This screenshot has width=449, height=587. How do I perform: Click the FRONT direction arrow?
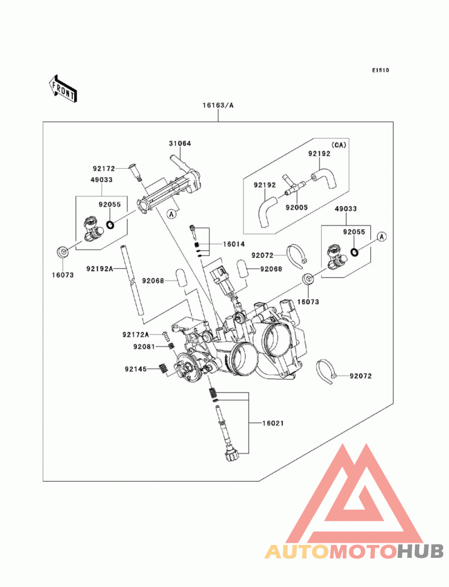(63, 89)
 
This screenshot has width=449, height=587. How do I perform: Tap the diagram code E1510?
(381, 70)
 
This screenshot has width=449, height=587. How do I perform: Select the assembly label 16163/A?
(218, 105)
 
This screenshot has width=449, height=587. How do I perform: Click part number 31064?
(180, 144)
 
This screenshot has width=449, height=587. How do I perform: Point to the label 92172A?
(136, 334)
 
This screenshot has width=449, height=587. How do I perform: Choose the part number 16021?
(273, 423)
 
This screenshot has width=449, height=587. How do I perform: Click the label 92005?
(296, 207)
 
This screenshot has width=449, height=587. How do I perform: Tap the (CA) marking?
(338, 145)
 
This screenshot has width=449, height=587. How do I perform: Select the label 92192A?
(100, 269)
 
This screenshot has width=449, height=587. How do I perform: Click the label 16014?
(234, 244)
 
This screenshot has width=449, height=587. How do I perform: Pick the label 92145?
(136, 369)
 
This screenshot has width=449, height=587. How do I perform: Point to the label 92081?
(144, 347)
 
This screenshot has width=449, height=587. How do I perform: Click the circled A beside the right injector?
(382, 237)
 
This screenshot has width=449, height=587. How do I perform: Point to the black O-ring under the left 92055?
(110, 225)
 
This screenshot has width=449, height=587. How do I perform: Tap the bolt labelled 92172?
(135, 173)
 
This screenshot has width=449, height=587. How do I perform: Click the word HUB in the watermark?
(420, 551)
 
